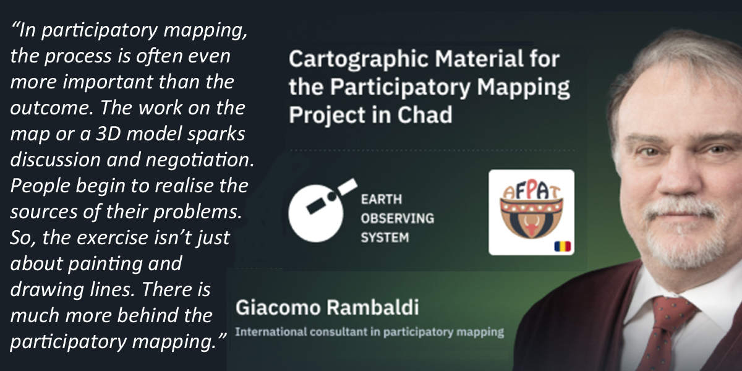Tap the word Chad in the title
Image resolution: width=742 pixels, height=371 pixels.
(x=425, y=114)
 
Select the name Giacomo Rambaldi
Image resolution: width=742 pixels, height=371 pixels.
(x=327, y=307)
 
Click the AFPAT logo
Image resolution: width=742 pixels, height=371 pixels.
(x=531, y=212)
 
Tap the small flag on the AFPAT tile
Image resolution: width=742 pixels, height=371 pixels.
(x=563, y=247)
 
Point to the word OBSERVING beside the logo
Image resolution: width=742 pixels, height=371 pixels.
(x=398, y=218)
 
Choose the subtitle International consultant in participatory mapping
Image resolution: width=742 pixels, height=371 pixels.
(x=370, y=332)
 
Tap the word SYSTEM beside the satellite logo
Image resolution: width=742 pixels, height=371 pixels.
(x=385, y=237)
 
